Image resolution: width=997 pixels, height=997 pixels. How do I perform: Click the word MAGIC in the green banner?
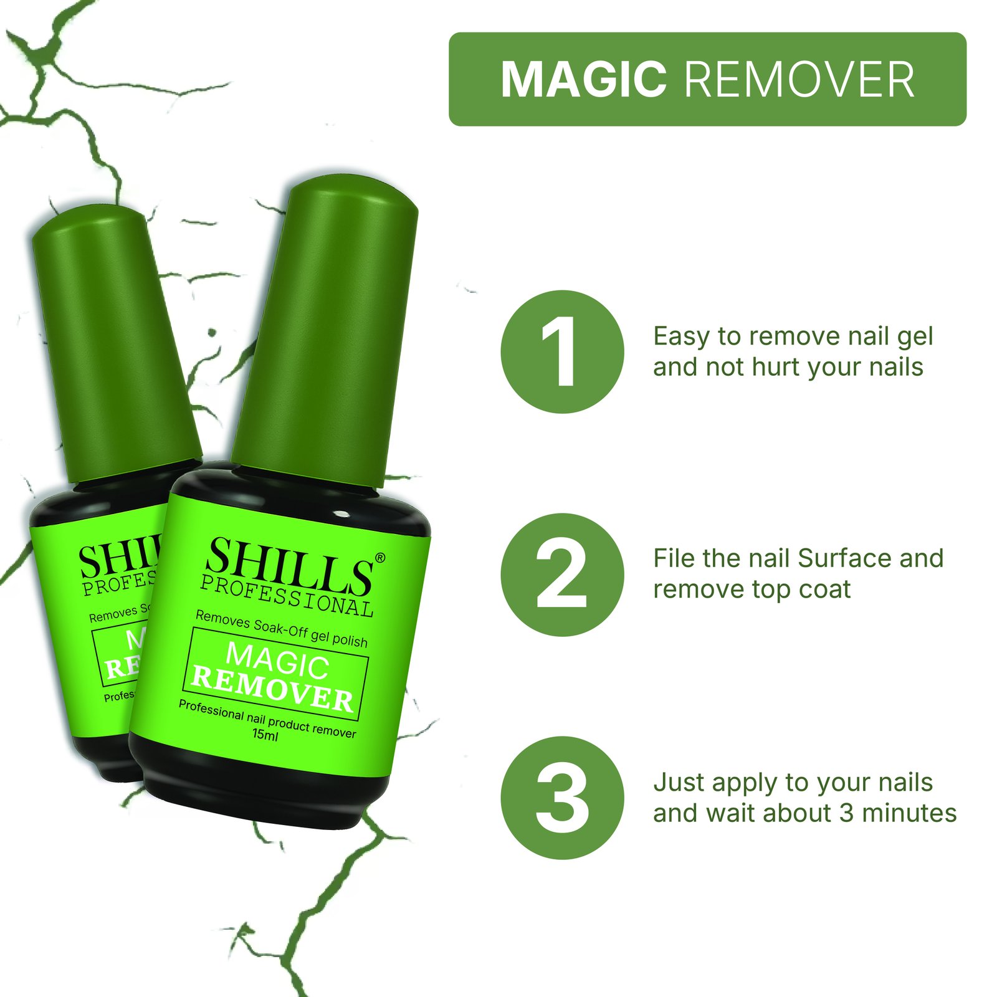583,80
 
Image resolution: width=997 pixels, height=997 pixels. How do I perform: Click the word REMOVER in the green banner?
799,80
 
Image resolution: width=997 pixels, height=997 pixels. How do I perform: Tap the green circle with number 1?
562,351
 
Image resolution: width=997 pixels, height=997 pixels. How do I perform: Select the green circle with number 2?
562,574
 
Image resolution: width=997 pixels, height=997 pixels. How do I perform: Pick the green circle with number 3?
562,798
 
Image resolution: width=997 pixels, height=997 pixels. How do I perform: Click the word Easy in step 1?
681,337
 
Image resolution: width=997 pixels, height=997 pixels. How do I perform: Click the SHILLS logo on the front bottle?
289,565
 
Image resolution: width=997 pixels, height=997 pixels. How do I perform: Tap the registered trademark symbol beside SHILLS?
380,557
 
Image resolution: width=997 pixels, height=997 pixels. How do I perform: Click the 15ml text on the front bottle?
265,735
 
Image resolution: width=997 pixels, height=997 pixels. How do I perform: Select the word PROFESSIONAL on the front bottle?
287,596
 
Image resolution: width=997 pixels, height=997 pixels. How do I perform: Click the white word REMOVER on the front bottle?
272,689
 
